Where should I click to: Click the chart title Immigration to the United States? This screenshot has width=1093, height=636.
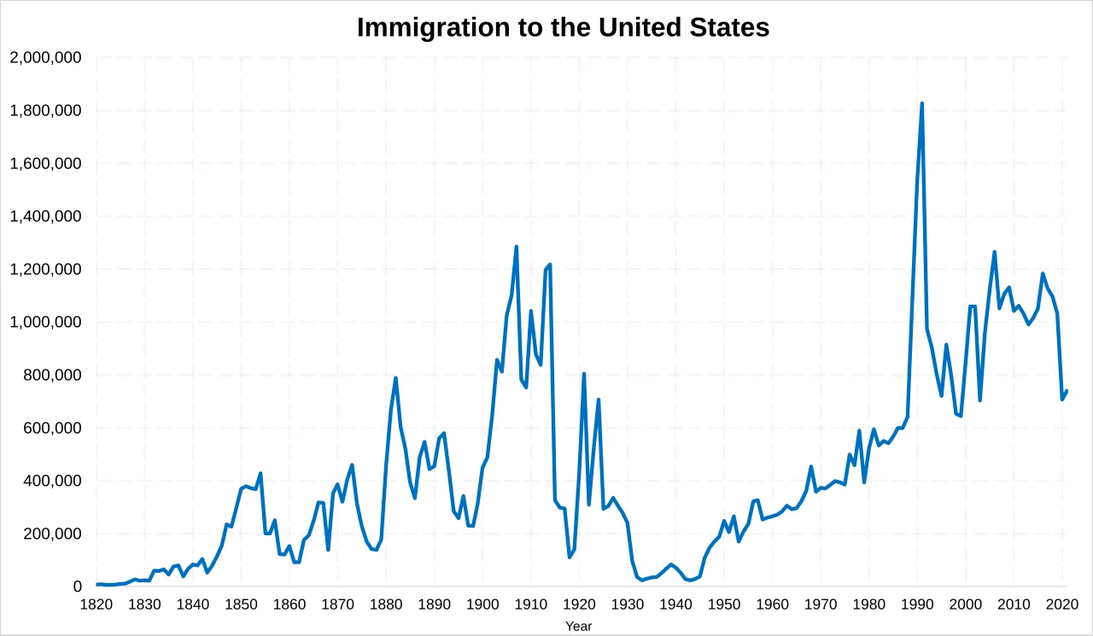(563, 27)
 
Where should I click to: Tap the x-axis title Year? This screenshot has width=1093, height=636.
(578, 627)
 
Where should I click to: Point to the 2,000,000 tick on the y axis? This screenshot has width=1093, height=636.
(45, 58)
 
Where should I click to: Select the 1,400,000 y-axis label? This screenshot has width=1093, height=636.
(45, 217)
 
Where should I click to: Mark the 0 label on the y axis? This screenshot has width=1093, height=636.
(77, 587)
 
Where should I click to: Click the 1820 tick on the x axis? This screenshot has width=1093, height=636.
(96, 605)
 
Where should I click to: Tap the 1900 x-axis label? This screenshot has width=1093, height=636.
(482, 605)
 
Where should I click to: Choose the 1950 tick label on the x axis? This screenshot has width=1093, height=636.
(724, 605)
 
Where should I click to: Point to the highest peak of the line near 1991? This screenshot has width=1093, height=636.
(922, 103)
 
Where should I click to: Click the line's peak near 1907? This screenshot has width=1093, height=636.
(517, 247)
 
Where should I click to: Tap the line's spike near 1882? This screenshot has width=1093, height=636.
(395, 377)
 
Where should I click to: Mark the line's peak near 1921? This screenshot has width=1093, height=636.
(584, 374)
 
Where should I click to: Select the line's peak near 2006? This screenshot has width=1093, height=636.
(995, 252)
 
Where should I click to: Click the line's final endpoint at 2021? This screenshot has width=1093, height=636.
(1067, 391)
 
